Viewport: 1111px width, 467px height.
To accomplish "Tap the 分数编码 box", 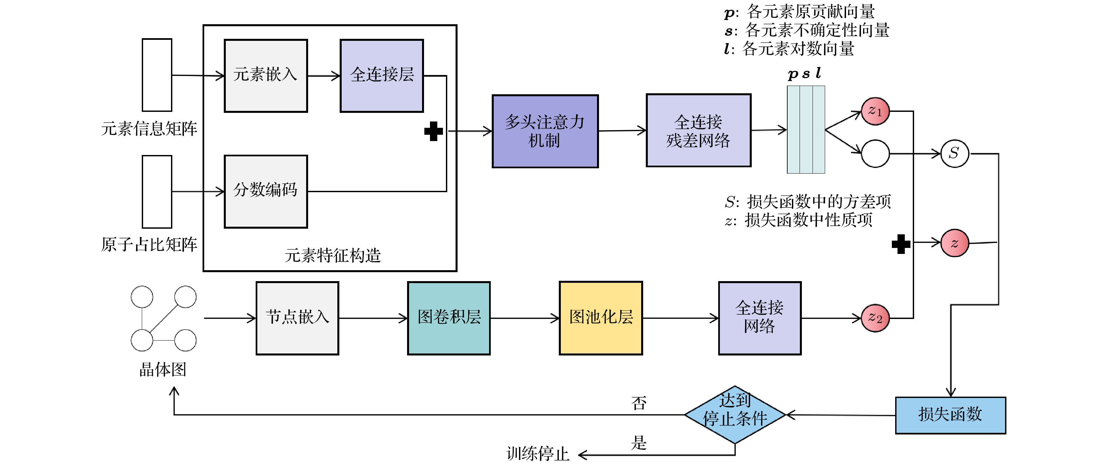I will (x=266, y=192).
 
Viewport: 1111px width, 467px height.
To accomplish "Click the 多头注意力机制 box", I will (x=545, y=131).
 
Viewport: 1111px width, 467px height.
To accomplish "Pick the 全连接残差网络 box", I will (x=698, y=130).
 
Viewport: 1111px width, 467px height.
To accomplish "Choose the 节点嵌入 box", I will (x=297, y=318).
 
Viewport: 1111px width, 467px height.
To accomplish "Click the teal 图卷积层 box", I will (x=449, y=318).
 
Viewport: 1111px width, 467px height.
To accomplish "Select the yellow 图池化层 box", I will (x=601, y=318).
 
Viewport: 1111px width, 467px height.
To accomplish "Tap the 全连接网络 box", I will (x=759, y=318).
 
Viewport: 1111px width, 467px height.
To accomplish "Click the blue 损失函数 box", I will (x=951, y=415).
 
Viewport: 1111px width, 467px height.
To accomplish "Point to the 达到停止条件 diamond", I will (x=734, y=415).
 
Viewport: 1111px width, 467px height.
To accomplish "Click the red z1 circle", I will (x=875, y=111).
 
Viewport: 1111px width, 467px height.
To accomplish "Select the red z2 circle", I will (x=875, y=318).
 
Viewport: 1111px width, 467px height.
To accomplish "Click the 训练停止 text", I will (x=538, y=454).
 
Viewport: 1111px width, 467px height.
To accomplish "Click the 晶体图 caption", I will (x=163, y=369).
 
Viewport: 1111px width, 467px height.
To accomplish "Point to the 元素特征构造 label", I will (x=332, y=256).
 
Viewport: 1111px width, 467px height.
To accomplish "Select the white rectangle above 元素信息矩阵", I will (x=157, y=75).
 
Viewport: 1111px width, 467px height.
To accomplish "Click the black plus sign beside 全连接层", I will (x=433, y=131).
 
